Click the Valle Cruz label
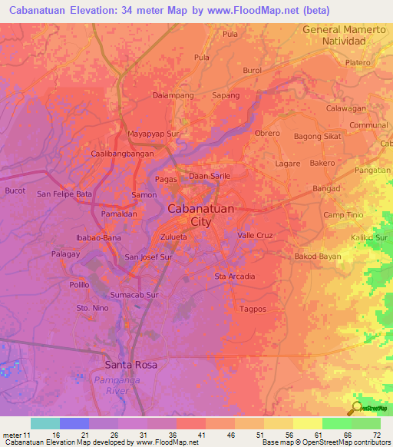[x=256, y=235]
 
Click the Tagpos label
[x=253, y=309]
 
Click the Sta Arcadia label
[x=234, y=276]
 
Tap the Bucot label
[x=15, y=190]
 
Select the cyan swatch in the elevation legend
[x=45, y=423]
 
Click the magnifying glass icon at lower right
[x=357, y=408]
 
